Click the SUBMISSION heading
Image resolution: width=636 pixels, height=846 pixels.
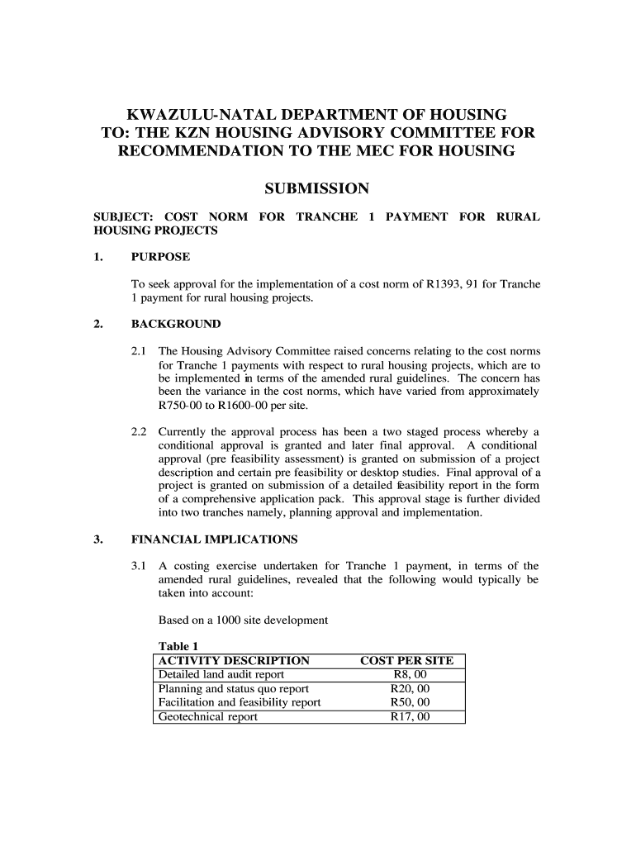coord(316,189)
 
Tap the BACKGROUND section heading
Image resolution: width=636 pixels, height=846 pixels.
coord(176,323)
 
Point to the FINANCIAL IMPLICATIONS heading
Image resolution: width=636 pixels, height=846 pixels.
coord(215,539)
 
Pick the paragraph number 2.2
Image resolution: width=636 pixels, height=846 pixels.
coord(140,431)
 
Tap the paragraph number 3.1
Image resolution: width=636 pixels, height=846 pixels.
coord(140,566)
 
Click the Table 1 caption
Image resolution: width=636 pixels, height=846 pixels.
coord(178,646)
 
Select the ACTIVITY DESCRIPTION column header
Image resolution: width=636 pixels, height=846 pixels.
coord(234,661)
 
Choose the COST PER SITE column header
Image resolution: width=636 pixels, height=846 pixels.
coord(407,661)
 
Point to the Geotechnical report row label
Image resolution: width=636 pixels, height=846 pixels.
coord(207,716)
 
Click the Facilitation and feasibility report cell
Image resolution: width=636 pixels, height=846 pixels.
coord(239,703)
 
